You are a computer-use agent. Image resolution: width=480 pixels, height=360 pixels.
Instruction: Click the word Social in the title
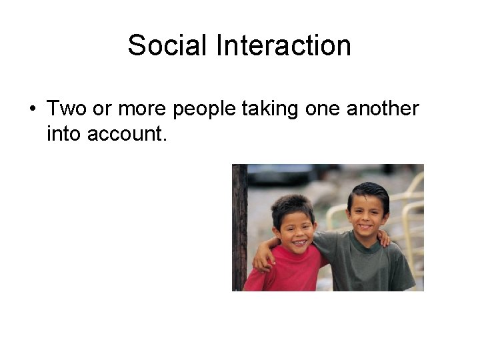pyautogui.click(x=168, y=46)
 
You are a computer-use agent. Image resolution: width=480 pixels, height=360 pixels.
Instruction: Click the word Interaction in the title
pyautogui.click(x=283, y=46)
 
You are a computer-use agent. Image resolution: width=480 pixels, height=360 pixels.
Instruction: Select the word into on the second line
pyautogui.click(x=64, y=134)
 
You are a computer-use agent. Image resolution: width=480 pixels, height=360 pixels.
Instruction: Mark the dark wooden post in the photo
pyautogui.click(x=239, y=227)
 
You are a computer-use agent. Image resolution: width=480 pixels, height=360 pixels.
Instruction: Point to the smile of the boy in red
pyautogui.click(x=298, y=241)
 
